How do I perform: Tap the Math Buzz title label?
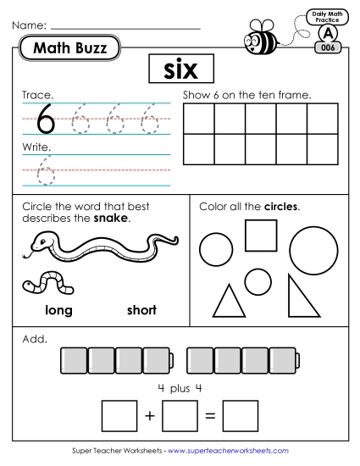(x=70, y=49)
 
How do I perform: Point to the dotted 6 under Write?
(x=47, y=173)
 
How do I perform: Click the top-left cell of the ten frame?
(x=198, y=119)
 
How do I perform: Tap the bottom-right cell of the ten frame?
(x=322, y=149)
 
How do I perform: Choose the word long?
(x=58, y=310)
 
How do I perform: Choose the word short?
(x=141, y=310)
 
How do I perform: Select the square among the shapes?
(x=261, y=235)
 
